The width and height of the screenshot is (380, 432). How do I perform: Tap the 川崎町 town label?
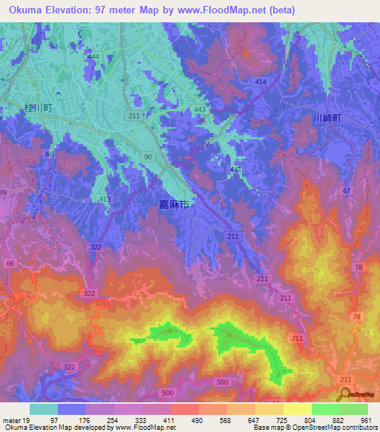(x=327, y=118)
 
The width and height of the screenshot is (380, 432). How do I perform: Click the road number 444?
(x=93, y=57)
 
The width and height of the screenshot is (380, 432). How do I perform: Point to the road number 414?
(x=260, y=82)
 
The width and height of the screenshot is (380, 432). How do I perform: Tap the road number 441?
(x=236, y=170)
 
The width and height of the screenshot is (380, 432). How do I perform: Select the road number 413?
(x=105, y=200)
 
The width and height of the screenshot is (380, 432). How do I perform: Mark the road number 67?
(x=346, y=192)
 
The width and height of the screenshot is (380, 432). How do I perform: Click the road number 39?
(x=3, y=192)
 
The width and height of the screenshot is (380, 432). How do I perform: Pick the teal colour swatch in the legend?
(x=44, y=409)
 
